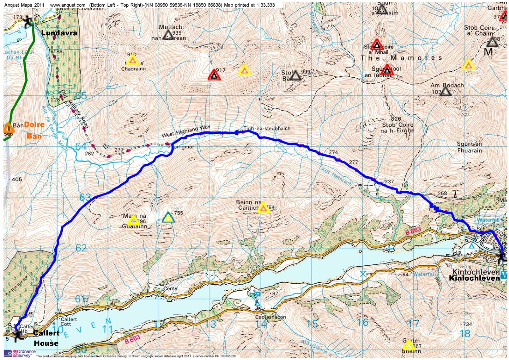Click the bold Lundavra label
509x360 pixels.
tap(59, 33)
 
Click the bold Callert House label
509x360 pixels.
tap(46, 338)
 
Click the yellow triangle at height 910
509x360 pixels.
tap(133, 60)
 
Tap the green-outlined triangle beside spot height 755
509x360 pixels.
tap(168, 217)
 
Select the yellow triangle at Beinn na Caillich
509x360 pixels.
tap(263, 208)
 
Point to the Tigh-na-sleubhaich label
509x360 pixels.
tap(267, 129)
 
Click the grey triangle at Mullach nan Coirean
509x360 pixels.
tap(168, 35)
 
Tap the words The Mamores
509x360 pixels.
tap(401, 58)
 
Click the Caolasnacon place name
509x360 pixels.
tap(270, 317)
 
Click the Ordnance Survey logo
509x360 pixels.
tap(18, 353)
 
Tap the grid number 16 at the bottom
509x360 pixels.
tap(363, 322)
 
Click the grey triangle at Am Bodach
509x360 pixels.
tap(446, 92)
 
